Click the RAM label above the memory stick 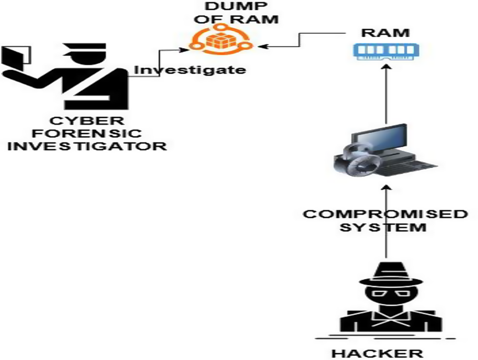[385, 33]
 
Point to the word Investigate [189, 70]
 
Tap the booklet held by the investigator [16, 57]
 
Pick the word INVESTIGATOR [87, 146]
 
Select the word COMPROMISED [385, 214]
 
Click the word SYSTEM [384, 228]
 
